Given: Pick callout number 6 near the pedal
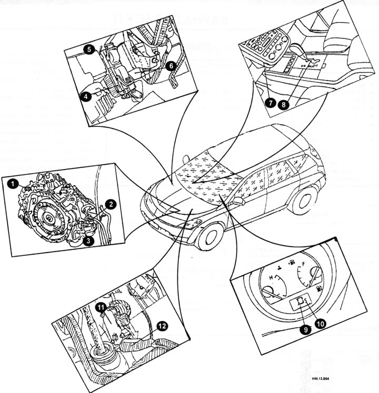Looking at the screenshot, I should tap(170, 66).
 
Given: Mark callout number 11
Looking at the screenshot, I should tap(100, 306).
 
